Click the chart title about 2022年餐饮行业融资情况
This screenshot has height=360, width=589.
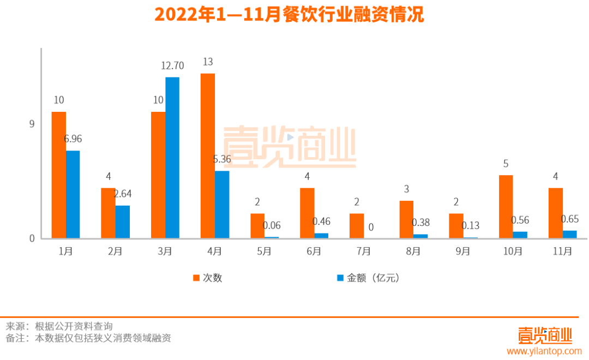click(289, 15)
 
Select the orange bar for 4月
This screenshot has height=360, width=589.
click(207, 156)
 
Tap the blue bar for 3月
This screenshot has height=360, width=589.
click(172, 158)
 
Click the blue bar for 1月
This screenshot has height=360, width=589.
click(73, 194)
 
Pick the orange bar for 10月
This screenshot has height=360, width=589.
click(506, 207)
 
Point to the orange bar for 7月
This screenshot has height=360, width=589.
click(356, 226)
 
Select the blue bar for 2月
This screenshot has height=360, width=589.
click(123, 221)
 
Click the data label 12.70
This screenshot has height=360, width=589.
click(172, 66)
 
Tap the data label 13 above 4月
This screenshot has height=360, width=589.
click(207, 62)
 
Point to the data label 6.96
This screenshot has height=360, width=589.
click(73, 139)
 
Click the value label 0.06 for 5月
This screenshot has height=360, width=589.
click(272, 225)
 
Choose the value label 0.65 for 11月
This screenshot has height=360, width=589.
click(570, 219)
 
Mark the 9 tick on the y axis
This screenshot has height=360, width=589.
click(32, 124)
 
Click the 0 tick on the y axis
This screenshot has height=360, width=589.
click(32, 238)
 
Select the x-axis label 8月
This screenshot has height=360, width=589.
click(413, 251)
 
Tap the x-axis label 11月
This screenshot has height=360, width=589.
click(562, 251)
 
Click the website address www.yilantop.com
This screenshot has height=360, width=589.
click(544, 351)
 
